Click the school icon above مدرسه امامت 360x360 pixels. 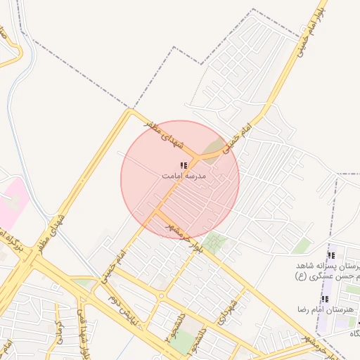[x=184, y=167]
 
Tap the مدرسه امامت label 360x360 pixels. [x=184, y=176]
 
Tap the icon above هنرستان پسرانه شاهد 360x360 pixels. [x=331, y=257]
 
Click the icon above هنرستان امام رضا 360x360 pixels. [x=324, y=299]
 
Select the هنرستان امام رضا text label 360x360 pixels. [x=325, y=309]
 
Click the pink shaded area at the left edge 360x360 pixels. [x=13, y=200]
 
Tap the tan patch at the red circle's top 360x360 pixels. [x=210, y=148]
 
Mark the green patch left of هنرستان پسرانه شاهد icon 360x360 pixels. [x=302, y=246]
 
